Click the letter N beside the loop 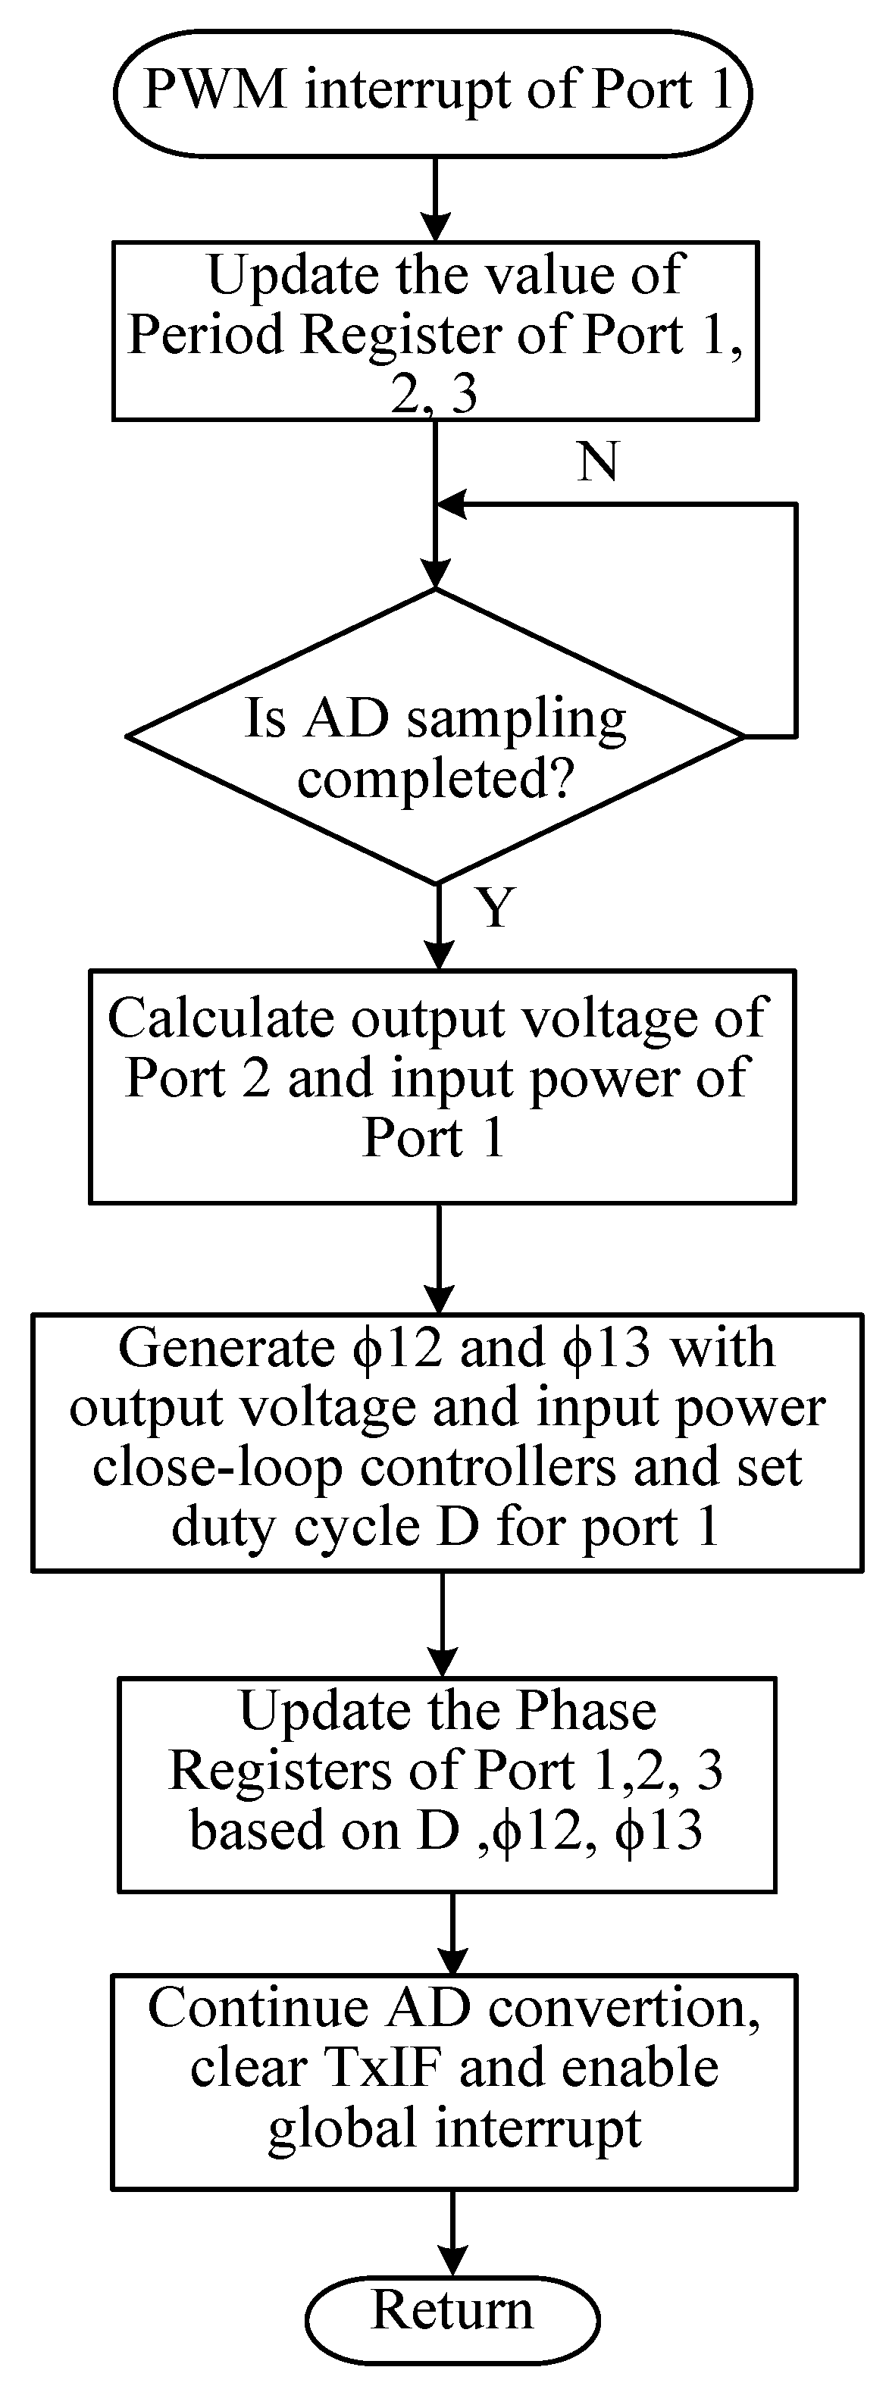[598, 461]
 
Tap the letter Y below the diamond [496, 908]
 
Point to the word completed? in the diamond [435, 779]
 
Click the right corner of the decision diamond [743, 737]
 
